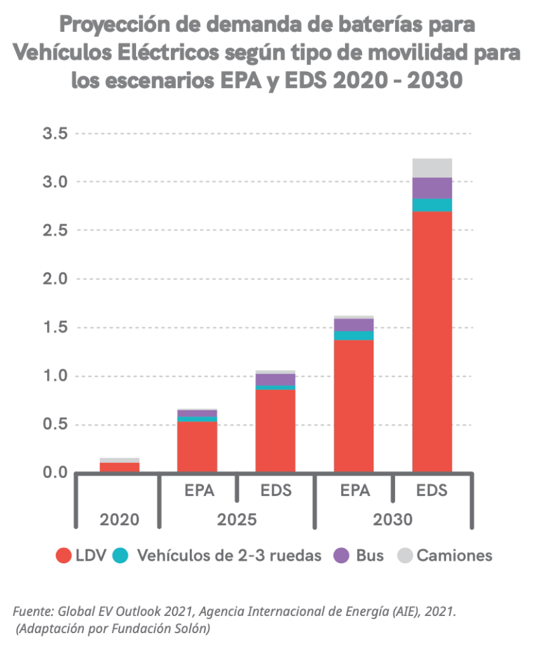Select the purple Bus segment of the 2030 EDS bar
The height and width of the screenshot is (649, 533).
point(432,188)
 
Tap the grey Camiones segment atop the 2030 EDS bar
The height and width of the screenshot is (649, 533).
point(432,168)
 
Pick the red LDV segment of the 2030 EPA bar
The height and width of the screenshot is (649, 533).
point(353,406)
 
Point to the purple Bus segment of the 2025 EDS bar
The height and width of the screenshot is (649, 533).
point(275,379)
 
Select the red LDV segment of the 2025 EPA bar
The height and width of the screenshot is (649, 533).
point(197,446)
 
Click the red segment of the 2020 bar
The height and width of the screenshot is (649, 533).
point(119,467)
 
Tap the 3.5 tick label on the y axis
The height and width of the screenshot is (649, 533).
point(55,134)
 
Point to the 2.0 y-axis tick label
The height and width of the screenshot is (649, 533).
point(55,279)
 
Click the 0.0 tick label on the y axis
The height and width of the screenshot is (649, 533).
point(55,473)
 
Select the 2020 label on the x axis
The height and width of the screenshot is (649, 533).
point(119,519)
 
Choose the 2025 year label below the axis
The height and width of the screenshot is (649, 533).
point(236,519)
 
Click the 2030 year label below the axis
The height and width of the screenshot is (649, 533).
point(393,519)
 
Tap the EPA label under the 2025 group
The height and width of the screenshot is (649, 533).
point(198,491)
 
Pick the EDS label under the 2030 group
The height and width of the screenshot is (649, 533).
point(432,491)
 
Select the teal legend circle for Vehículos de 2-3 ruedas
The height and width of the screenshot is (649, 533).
point(121,556)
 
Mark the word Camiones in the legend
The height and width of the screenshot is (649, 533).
point(454,556)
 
